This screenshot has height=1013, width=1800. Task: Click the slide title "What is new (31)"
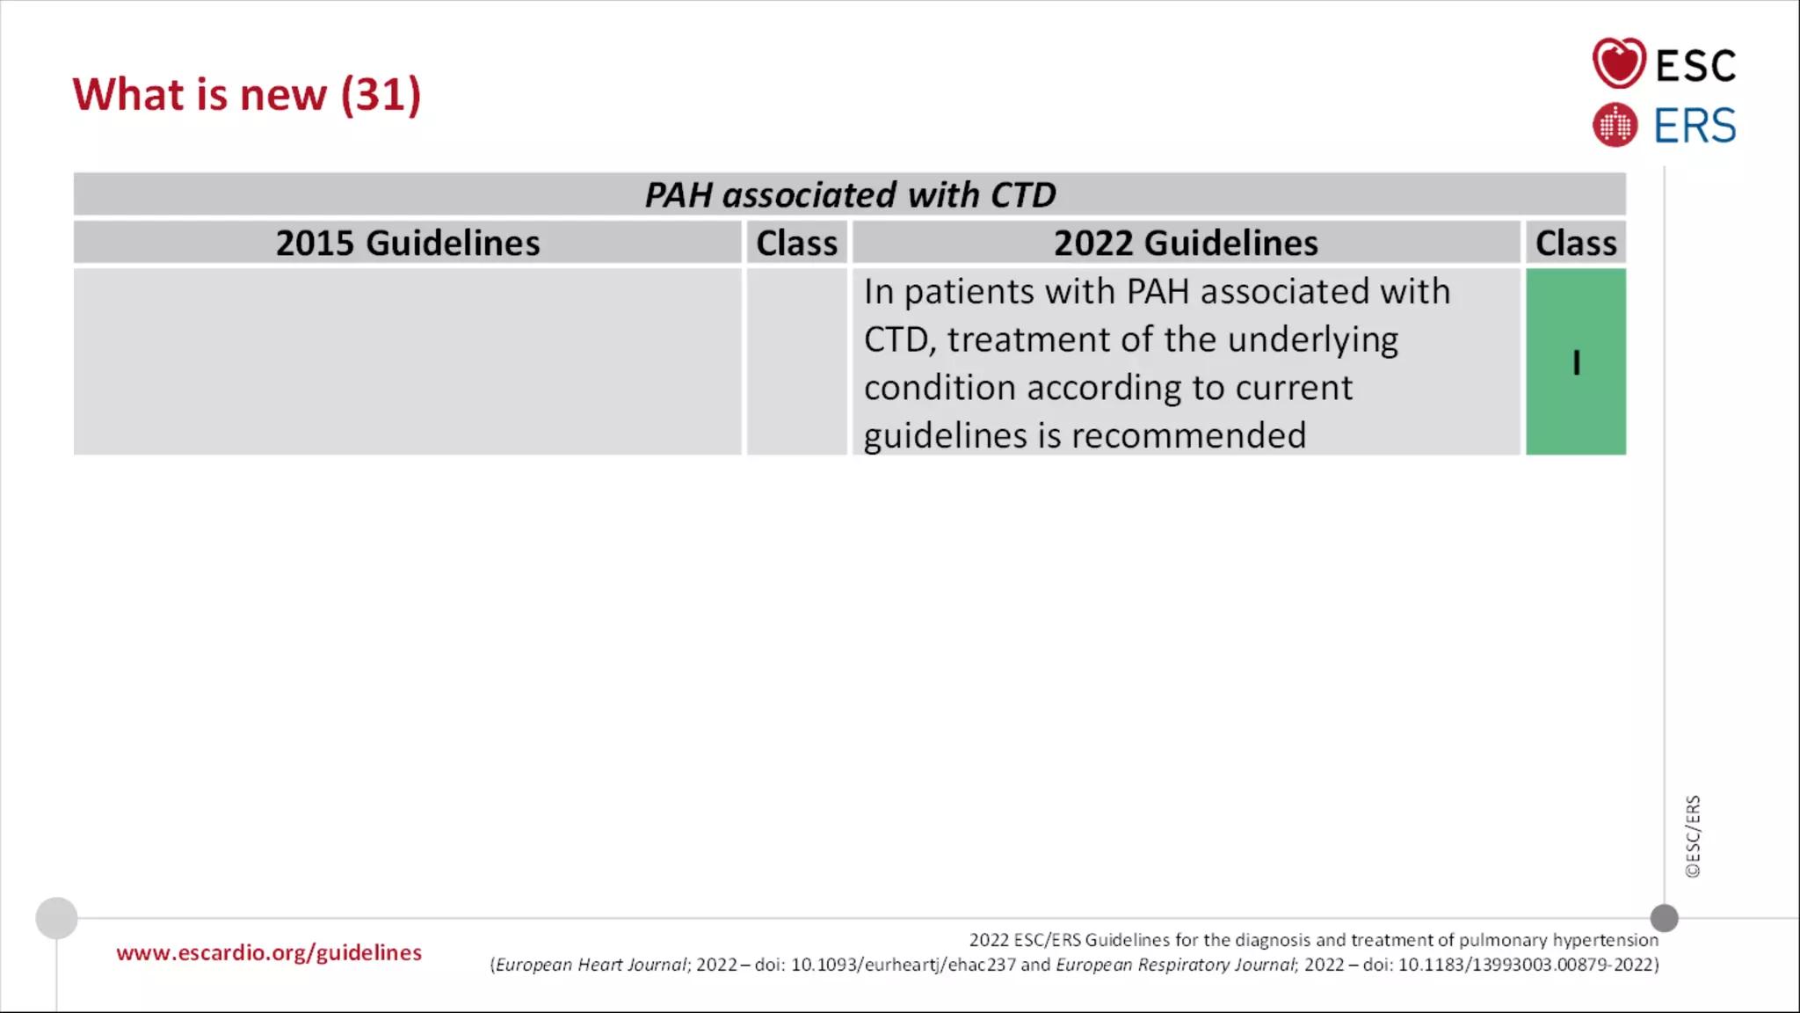click(x=247, y=94)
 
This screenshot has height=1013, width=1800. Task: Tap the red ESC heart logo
click(x=1618, y=63)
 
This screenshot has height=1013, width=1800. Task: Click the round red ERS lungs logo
click(x=1615, y=125)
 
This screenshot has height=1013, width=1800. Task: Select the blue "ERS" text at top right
click(x=1695, y=126)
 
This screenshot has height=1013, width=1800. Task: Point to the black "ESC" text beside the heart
click(x=1695, y=66)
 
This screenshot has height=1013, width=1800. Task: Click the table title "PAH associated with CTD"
click(x=850, y=194)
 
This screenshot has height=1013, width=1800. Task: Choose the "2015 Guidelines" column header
click(x=408, y=243)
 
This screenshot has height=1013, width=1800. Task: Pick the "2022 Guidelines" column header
click(x=1186, y=243)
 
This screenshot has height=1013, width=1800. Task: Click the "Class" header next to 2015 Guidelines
click(x=796, y=243)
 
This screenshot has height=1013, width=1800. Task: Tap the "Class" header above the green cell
click(x=1575, y=243)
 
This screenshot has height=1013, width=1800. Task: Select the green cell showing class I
click(x=1576, y=362)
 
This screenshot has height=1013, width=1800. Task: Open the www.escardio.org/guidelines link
click(x=269, y=952)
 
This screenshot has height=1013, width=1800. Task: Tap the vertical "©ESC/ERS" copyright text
click(x=1693, y=836)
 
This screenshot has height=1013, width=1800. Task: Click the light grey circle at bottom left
click(x=56, y=918)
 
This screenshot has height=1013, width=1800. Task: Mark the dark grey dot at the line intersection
click(x=1664, y=918)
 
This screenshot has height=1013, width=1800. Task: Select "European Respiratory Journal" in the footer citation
click(x=1176, y=965)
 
